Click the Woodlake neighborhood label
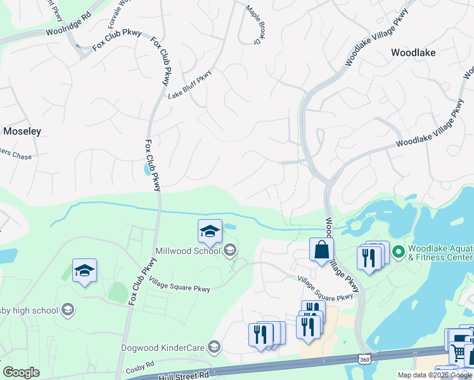point(413,53)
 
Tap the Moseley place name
point(22,132)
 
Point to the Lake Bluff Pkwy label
point(189,84)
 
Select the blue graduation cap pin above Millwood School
point(210,231)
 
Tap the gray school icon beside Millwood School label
point(230,251)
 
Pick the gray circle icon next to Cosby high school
point(68,310)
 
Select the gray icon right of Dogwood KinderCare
point(215,346)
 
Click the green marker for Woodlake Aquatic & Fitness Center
point(398,252)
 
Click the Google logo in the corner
point(21,372)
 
